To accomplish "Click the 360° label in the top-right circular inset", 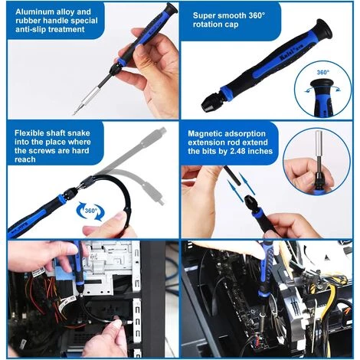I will [x=322, y=73].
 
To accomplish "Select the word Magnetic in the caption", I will [x=209, y=132].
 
